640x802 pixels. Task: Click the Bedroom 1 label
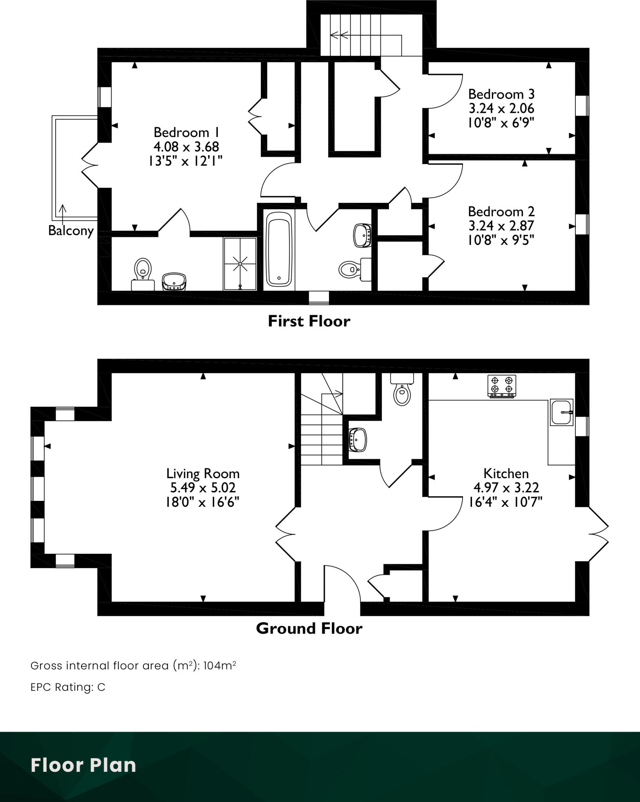pyautogui.click(x=186, y=132)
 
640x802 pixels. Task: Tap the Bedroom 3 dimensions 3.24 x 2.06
pyautogui.click(x=501, y=108)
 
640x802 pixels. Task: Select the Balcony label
pyautogui.click(x=71, y=231)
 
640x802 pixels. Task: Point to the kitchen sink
pyautogui.click(x=562, y=412)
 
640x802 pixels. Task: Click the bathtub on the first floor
pyautogui.click(x=279, y=249)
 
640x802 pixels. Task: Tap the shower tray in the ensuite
pyautogui.click(x=240, y=264)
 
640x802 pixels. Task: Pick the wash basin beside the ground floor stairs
pyautogui.click(x=357, y=439)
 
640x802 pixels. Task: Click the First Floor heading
pyautogui.click(x=309, y=321)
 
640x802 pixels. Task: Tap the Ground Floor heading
pyautogui.click(x=309, y=629)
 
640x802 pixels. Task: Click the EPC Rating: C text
pyautogui.click(x=68, y=687)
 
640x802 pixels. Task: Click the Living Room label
pyautogui.click(x=203, y=473)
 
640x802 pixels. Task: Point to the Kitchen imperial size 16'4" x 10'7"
pyautogui.click(x=506, y=502)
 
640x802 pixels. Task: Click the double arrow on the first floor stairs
pyautogui.click(x=340, y=36)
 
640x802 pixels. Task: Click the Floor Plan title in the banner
pyautogui.click(x=83, y=765)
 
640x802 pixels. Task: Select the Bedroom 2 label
pyautogui.click(x=501, y=212)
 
